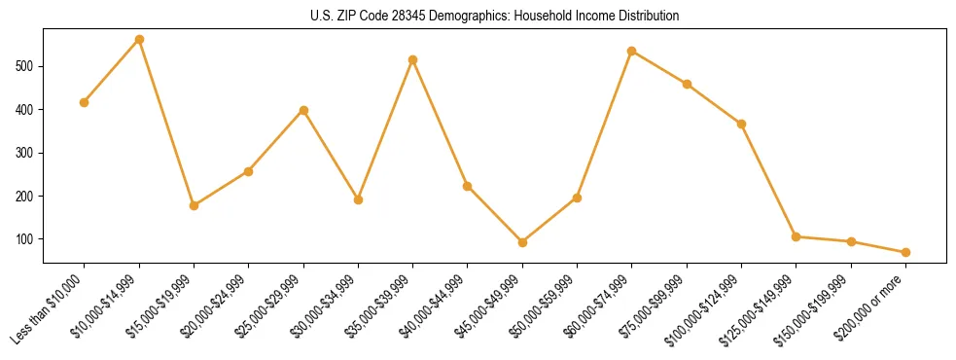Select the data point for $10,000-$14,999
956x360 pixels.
coord(139,40)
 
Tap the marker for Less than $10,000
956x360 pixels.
coord(85,102)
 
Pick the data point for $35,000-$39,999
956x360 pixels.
coord(413,59)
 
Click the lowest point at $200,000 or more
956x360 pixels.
coord(905,252)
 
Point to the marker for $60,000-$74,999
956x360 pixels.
coord(632,51)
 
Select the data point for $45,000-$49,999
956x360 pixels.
coord(522,242)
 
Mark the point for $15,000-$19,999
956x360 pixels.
coord(194,205)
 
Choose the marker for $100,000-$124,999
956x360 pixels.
coord(741,124)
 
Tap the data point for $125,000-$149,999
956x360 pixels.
coord(796,236)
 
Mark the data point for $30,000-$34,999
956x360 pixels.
coord(358,199)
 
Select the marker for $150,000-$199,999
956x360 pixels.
coord(851,241)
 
